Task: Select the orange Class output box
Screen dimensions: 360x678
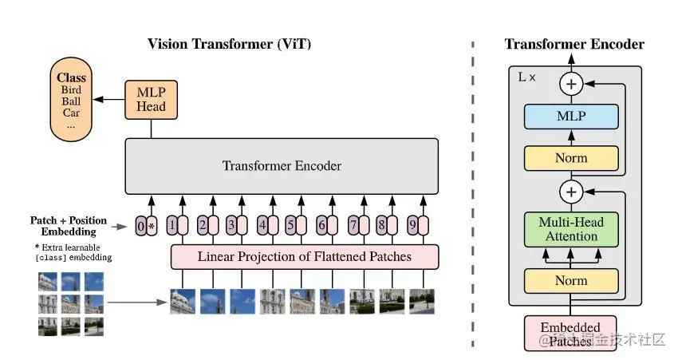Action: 72,101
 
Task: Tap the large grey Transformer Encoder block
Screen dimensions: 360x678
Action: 281,166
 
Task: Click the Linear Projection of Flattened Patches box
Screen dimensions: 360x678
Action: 305,256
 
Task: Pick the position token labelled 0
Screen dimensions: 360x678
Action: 140,226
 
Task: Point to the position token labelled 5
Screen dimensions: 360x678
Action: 291,226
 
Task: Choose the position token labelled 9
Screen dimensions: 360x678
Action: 412,226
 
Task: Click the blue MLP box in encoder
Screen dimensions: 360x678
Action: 570,117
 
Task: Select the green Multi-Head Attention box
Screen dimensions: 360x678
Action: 570,229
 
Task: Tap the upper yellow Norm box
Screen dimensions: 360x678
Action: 570,158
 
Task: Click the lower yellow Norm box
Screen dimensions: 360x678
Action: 570,280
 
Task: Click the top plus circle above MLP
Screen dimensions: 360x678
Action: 570,83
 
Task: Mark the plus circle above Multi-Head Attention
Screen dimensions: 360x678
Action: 570,191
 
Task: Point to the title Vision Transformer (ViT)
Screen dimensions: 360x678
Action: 229,44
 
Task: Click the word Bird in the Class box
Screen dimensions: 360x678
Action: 71,90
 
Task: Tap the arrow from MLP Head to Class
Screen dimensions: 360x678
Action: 108,100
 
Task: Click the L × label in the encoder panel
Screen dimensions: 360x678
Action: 527,77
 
